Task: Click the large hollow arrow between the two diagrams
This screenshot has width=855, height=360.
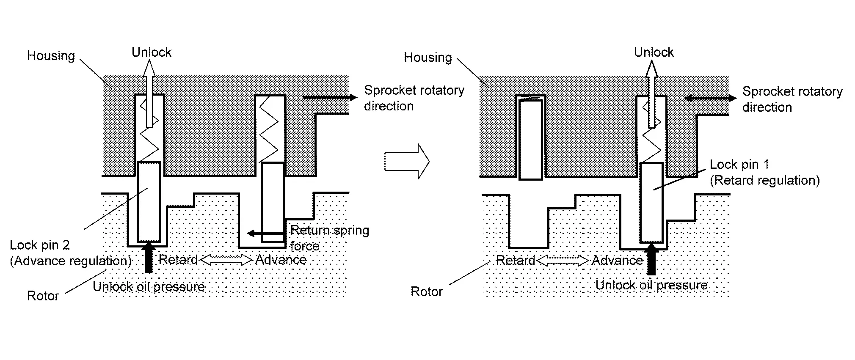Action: point(407,161)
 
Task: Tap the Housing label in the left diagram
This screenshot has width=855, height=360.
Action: point(51,56)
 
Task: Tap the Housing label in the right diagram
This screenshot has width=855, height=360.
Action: point(428,57)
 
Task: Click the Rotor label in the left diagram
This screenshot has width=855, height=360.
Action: point(43,296)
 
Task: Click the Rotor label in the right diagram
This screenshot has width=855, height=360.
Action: point(426,291)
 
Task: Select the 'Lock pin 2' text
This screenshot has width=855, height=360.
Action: point(40,245)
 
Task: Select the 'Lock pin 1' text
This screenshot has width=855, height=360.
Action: point(739,164)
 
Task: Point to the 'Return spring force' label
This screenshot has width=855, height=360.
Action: point(329,238)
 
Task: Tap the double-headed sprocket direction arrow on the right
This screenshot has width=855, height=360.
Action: point(711,99)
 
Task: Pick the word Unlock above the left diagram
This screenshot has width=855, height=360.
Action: point(151,52)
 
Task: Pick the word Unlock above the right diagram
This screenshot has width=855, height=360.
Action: point(654,52)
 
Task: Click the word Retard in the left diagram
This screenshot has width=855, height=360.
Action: point(178,259)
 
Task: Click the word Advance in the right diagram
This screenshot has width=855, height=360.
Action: point(617,260)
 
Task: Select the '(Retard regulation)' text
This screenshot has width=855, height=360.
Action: point(764,181)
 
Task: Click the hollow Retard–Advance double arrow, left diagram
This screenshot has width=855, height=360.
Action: point(226,259)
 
